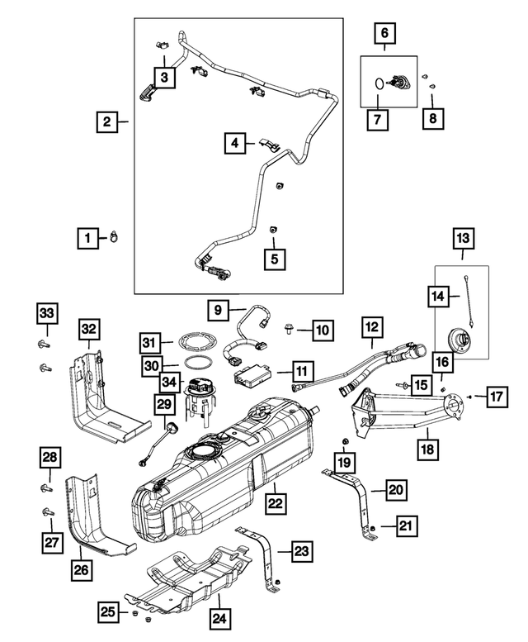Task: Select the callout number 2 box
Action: [106, 123]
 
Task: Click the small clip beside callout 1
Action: [114, 240]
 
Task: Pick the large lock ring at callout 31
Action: [196, 340]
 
